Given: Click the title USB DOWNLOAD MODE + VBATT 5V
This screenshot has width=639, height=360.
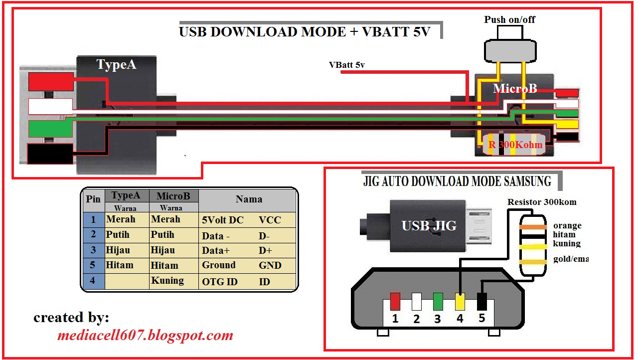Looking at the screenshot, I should coord(304,32).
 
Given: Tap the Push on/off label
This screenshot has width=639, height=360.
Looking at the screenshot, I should coord(509,20).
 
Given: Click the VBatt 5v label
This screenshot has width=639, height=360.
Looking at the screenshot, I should coord(346,65).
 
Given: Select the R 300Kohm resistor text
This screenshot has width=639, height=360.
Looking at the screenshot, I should coord(515,145).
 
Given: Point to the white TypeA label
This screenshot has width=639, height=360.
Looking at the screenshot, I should coord(116,65).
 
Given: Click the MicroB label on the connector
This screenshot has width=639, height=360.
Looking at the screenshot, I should coord(515,89).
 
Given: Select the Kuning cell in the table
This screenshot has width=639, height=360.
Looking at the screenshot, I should coord(167,281).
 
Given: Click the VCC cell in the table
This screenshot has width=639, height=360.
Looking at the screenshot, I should coord(270,220).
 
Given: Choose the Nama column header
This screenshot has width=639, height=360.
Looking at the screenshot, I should coord(249,199).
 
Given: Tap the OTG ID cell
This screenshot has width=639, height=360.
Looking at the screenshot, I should coord(219,282).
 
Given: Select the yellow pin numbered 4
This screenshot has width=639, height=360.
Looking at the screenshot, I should coord(460,301).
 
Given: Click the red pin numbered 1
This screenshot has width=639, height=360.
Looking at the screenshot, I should coord(395,301).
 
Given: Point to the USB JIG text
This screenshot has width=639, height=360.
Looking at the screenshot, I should coord(429,226).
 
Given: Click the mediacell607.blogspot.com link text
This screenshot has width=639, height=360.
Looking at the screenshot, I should coord(145,335).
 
